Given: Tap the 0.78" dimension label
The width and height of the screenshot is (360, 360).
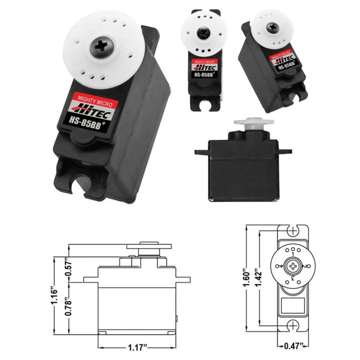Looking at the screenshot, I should point(69,307).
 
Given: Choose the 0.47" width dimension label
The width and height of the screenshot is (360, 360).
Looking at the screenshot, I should point(295,347).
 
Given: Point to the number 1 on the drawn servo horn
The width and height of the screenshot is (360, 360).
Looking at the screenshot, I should point(293,254).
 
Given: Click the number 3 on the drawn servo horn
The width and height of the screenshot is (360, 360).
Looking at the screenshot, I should point(293,279).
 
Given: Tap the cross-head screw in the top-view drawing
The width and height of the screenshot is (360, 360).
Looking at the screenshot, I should point(293,266).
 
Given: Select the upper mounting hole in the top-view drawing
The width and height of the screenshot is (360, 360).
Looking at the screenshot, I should point(293,231).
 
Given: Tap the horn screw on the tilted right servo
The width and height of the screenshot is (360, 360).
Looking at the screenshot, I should point(273,27).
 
